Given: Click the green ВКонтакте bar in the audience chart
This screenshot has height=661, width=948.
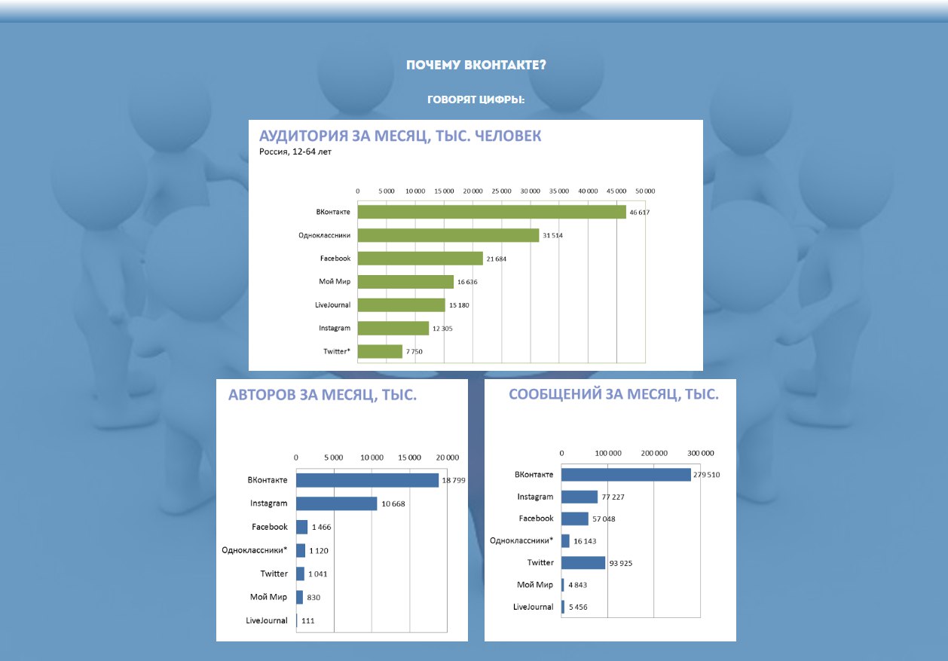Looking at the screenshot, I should click(x=491, y=212).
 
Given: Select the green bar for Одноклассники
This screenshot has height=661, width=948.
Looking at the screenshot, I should click(x=448, y=235).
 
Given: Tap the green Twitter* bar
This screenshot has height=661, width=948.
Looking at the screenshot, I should click(x=380, y=351).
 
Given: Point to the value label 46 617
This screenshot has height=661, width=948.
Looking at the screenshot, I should click(x=640, y=213).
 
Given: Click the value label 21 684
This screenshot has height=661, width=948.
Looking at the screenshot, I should click(x=498, y=259).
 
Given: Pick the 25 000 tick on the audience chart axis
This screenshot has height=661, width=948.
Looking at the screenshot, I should click(x=501, y=191).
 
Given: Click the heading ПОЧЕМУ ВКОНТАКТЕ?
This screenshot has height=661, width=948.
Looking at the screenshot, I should click(x=476, y=65).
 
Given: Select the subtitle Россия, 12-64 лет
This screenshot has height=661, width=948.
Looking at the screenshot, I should click(x=295, y=151).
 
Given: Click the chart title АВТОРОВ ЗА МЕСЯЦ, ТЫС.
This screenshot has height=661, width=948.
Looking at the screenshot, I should click(x=323, y=394).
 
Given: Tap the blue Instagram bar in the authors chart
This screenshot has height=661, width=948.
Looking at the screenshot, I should click(x=336, y=503).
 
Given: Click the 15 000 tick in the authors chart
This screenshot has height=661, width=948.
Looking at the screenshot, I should click(x=410, y=457).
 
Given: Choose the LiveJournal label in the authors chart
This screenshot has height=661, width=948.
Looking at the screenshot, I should click(x=267, y=620).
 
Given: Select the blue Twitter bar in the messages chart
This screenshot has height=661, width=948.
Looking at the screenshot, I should click(x=583, y=562).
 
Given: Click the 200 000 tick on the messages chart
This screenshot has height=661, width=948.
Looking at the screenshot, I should click(x=654, y=453).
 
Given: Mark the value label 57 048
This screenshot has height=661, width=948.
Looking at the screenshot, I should click(x=606, y=519).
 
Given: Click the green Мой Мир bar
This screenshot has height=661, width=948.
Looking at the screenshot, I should click(x=405, y=282).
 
